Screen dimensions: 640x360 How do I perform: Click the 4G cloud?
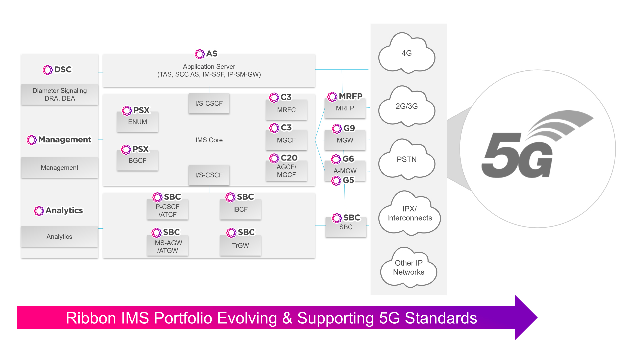click(x=407, y=53)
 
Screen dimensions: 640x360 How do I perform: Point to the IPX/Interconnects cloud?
click(x=409, y=213)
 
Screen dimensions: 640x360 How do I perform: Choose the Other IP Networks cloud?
click(x=409, y=267)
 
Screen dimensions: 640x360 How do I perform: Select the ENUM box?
click(x=137, y=122)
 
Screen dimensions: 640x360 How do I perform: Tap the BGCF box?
click(x=137, y=160)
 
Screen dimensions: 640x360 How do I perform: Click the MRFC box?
click(x=286, y=110)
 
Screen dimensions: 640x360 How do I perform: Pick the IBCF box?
click(x=240, y=209)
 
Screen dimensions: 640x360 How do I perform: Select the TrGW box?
click(x=240, y=245)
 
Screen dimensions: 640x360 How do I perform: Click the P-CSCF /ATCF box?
click(x=168, y=210)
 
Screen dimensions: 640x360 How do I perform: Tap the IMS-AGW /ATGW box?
click(x=168, y=246)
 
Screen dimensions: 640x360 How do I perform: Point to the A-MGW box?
click(x=345, y=171)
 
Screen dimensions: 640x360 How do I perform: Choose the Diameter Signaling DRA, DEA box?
click(x=60, y=94)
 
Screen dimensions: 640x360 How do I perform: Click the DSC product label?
click(x=57, y=70)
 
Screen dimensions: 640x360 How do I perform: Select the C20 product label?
click(x=283, y=158)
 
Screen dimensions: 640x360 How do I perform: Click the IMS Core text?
click(x=209, y=140)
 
